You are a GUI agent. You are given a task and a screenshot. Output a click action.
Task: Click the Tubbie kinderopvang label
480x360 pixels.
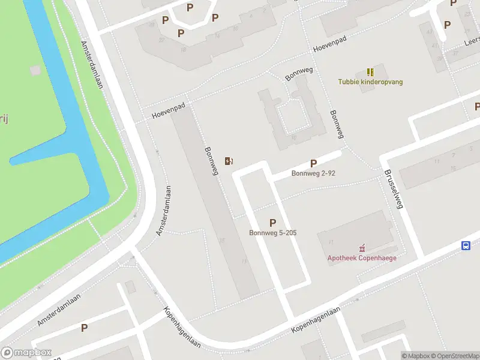tap(370, 82)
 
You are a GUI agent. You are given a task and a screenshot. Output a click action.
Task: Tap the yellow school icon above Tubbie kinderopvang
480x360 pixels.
tap(370, 71)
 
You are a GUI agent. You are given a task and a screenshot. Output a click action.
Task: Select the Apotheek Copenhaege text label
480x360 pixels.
tap(361, 259)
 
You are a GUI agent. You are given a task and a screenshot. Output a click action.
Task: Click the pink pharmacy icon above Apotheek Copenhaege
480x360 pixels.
tap(361, 248)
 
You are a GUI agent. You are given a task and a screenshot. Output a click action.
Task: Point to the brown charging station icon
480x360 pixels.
tap(229, 160)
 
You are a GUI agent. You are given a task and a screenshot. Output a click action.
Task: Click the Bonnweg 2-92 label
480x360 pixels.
tap(313, 174)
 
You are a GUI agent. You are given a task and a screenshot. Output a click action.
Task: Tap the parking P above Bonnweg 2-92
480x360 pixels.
tap(313, 163)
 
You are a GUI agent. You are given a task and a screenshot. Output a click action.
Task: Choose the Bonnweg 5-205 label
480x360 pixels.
tap(273, 233)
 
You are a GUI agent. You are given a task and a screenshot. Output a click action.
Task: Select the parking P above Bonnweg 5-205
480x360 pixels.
tap(273, 223)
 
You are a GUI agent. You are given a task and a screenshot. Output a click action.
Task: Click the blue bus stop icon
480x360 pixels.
tap(466, 245)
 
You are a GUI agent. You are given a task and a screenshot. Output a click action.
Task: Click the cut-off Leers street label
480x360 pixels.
tap(472, 43)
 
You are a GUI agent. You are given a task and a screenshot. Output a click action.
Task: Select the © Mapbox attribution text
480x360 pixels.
tap(415, 356)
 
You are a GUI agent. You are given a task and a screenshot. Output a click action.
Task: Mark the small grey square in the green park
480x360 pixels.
tap(35, 70)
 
